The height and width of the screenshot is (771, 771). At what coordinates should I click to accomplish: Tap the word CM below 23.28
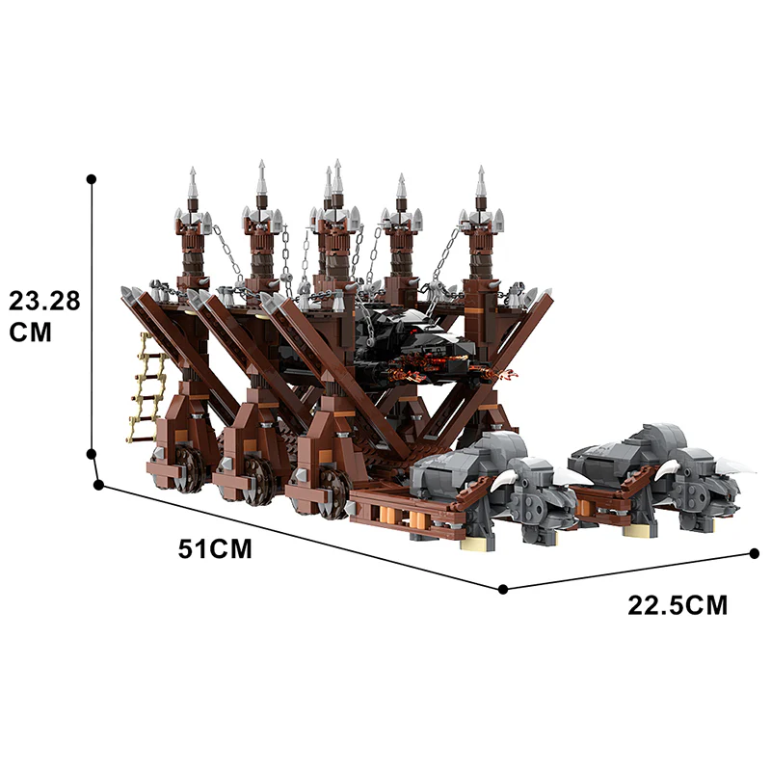tap(29, 332)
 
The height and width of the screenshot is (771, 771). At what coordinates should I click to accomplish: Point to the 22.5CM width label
tap(678, 605)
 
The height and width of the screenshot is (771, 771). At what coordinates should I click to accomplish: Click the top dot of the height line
tap(92, 178)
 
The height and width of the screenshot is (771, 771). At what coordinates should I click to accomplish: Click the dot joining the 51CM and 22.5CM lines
tap(503, 588)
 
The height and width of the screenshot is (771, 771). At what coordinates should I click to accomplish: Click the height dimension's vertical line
tap(92, 318)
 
